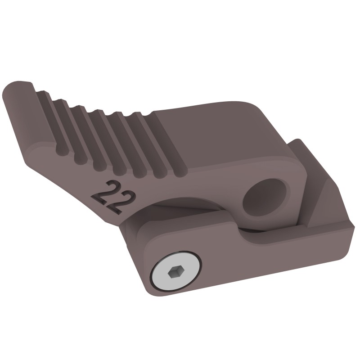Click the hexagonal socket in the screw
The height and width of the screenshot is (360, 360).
pyautogui.click(x=175, y=272)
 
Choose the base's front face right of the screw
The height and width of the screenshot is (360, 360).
pyautogui.click(x=270, y=265)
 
